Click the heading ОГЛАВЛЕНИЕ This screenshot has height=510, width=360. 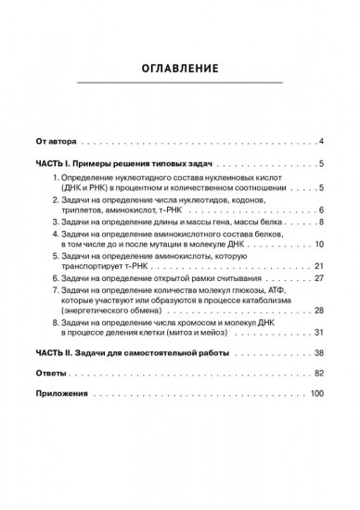180,68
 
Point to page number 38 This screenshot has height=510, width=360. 317,354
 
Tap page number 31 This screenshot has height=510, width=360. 317,332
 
